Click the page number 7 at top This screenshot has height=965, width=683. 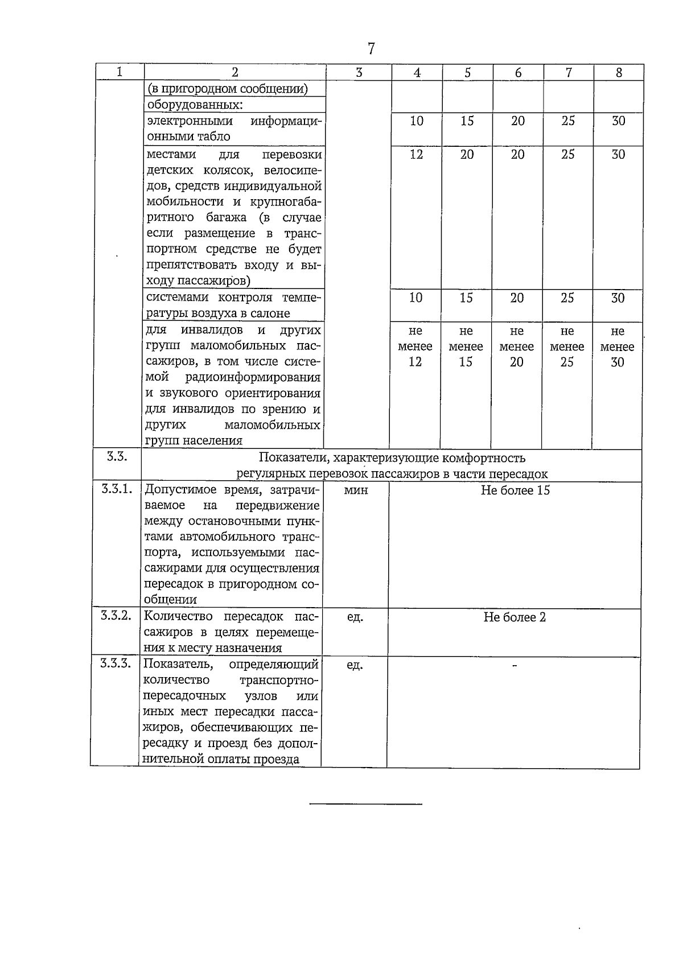[x=371, y=49]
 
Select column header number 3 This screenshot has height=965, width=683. [x=359, y=73]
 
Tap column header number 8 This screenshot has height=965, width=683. [x=619, y=73]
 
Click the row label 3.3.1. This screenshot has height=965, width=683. [x=116, y=489]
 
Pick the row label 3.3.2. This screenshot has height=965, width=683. [x=116, y=616]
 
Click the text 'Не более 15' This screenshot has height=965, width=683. [x=515, y=490]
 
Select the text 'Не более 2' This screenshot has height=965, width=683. [x=515, y=617]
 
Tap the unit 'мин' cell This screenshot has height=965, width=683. [x=356, y=490]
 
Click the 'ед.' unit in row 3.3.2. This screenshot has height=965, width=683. [x=355, y=617]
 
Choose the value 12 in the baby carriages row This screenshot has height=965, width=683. [x=417, y=155]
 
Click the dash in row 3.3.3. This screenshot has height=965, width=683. [x=515, y=665]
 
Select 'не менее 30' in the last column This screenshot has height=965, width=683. [x=618, y=347]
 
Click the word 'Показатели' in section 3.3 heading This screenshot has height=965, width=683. [x=294, y=458]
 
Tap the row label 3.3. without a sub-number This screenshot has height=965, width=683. [x=116, y=457]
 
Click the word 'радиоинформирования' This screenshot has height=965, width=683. [x=253, y=377]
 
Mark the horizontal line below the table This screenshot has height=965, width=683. [x=365, y=804]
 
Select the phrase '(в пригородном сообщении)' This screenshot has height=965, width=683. [x=228, y=89]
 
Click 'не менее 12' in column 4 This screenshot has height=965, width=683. [x=415, y=347]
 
